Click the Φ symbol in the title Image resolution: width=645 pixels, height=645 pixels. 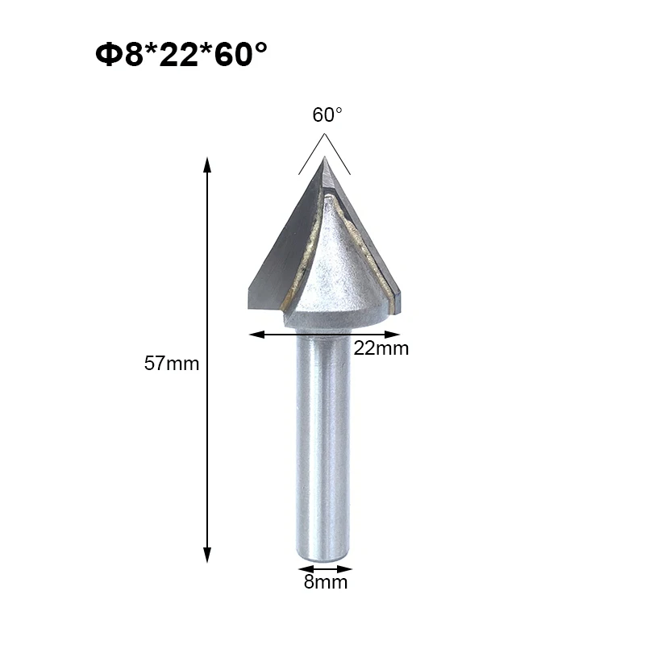click(x=107, y=55)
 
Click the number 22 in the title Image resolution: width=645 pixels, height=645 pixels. click(x=181, y=55)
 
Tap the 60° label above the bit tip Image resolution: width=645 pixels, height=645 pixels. click(x=327, y=115)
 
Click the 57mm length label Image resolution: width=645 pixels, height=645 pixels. click(x=171, y=363)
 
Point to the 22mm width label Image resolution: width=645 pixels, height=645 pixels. click(x=381, y=348)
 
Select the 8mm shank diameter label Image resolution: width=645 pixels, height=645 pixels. click(x=326, y=581)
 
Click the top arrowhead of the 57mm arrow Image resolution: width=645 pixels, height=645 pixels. click(x=207, y=164)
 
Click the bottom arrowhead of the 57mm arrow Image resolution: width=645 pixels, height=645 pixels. click(x=207, y=556)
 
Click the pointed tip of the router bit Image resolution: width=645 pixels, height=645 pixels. click(x=325, y=159)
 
